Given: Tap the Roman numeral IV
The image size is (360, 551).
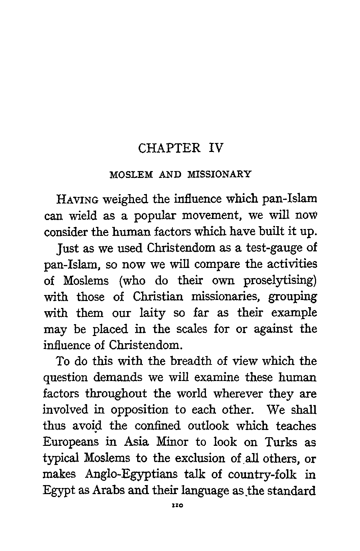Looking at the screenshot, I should point(216,148).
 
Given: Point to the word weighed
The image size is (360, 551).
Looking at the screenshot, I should point(123,199).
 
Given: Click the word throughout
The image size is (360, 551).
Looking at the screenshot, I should point(116,394).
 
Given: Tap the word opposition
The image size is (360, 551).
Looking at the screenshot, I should point(140,410).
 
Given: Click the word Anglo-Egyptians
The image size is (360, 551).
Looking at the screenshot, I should point(131,475).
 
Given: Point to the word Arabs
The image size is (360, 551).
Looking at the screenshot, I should point(108,491).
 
